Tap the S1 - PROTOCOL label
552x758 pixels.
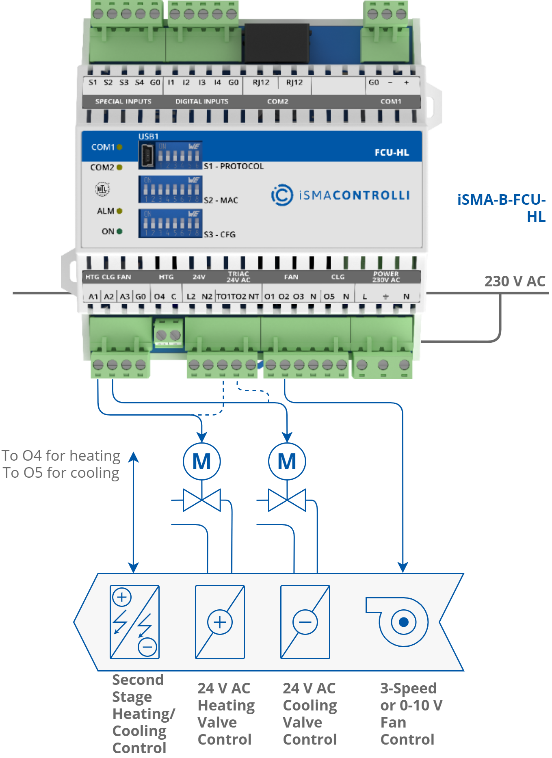click(x=234, y=166)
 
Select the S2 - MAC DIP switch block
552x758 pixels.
click(x=170, y=189)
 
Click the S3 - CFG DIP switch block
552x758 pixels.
click(x=170, y=223)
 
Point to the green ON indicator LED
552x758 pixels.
click(x=119, y=231)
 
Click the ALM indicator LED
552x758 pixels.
click(x=119, y=211)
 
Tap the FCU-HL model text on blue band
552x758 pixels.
click(x=392, y=153)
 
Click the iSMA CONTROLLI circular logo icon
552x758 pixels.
click(x=282, y=195)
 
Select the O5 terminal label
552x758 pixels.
click(x=329, y=297)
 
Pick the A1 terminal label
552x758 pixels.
click(x=93, y=297)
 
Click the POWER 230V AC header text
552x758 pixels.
click(x=386, y=277)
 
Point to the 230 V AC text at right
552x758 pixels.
click(x=514, y=281)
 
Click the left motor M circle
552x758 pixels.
click(x=202, y=461)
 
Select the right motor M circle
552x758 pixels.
click(x=287, y=461)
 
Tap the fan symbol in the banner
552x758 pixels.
click(x=398, y=622)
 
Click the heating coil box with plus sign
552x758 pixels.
click(x=220, y=622)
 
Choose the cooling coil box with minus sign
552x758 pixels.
click(x=305, y=622)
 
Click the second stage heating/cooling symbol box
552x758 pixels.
click(x=134, y=622)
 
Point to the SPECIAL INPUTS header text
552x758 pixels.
click(x=123, y=101)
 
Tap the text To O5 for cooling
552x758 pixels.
click(x=61, y=473)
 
